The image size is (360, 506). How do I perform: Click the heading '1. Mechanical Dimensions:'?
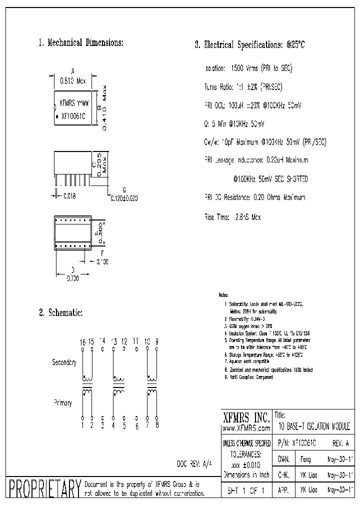(80, 43)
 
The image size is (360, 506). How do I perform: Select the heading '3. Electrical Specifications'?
(249, 45)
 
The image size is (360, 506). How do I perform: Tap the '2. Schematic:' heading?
(60, 313)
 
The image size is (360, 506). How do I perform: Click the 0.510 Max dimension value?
(73, 79)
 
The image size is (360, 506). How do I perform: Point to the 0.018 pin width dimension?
(69, 196)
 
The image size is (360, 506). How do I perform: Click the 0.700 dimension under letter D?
(72, 278)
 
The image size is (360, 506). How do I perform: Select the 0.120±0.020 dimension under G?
(123, 198)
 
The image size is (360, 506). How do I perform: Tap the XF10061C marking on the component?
(73, 115)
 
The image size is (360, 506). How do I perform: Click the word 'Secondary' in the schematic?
(64, 362)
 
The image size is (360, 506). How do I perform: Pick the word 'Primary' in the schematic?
(62, 402)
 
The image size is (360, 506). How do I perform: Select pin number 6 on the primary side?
(136, 426)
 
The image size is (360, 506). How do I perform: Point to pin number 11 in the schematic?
(135, 341)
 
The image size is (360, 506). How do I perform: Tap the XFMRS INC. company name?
(245, 417)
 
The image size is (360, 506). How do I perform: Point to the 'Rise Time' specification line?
(232, 217)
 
